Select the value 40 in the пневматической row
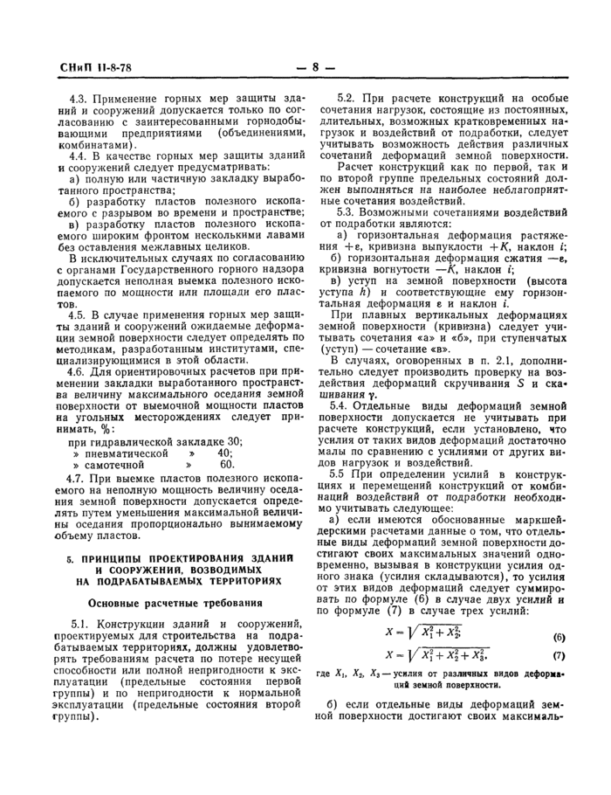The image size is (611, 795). [226, 453]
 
